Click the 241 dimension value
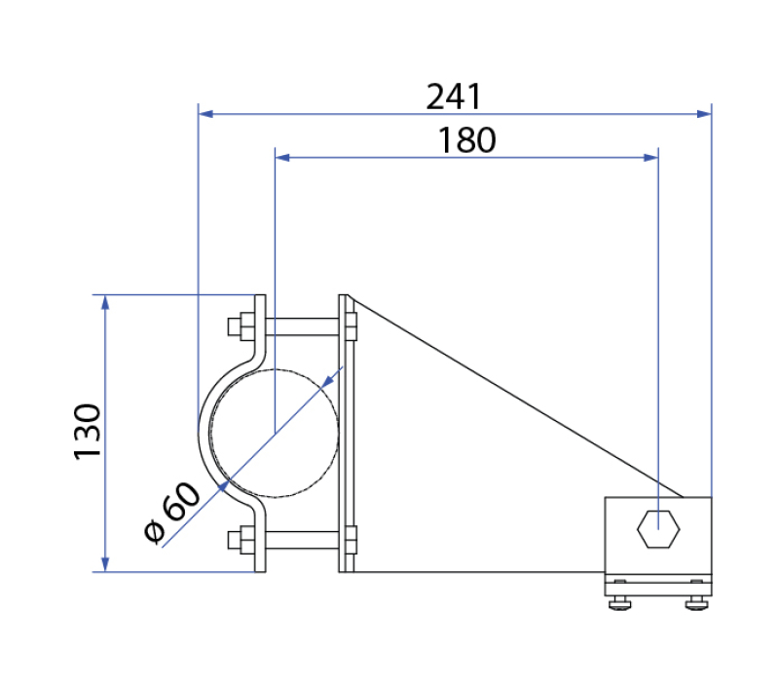click(x=454, y=96)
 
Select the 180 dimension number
click(x=466, y=140)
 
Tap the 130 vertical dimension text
click(x=88, y=432)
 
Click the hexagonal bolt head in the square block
click(x=658, y=529)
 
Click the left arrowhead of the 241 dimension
click(x=205, y=114)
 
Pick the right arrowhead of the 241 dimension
click(x=704, y=114)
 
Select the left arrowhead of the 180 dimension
click(x=282, y=158)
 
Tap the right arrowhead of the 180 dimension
click(x=650, y=158)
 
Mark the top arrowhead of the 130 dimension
click(x=105, y=302)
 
